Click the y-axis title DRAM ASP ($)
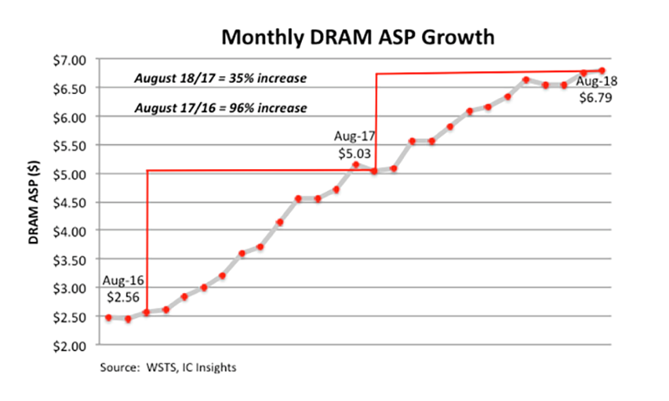click(34, 203)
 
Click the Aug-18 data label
click(599, 82)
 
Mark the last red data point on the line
click(602, 70)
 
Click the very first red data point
click(109, 317)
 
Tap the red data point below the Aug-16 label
click(146, 312)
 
